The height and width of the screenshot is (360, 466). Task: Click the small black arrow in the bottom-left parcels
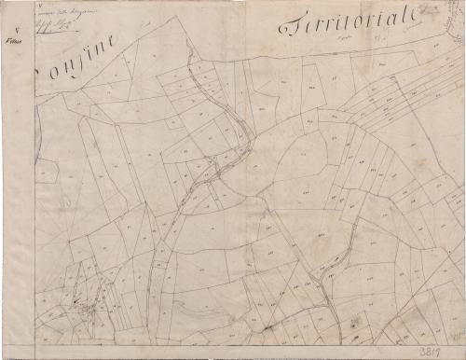(91, 304)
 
